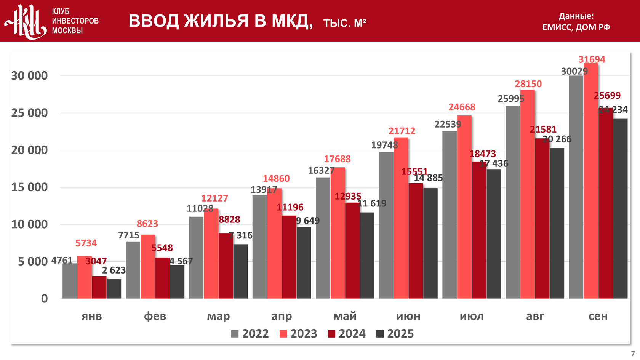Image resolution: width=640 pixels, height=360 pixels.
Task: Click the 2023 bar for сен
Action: (x=591, y=181)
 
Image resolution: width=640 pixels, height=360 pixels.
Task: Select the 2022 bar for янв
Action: (x=70, y=281)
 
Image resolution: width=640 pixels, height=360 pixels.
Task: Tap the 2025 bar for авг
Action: (x=557, y=223)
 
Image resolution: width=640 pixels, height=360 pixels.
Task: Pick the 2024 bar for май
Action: (x=352, y=251)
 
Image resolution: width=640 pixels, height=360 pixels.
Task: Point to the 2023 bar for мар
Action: (x=211, y=254)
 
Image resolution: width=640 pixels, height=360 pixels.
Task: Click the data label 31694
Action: (x=592, y=59)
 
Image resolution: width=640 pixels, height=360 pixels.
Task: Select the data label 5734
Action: (x=86, y=243)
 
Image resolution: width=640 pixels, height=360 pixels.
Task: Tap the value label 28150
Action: (x=528, y=84)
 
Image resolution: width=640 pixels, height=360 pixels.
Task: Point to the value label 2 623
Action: (x=114, y=270)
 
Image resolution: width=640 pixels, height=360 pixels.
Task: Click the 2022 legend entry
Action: (x=250, y=334)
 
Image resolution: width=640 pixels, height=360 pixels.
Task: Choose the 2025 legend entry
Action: (x=395, y=334)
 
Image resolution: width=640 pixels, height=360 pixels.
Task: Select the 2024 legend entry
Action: (x=347, y=334)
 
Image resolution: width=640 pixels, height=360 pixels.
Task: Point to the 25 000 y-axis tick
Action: (x=30, y=113)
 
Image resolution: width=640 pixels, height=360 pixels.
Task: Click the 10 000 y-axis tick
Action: (x=30, y=224)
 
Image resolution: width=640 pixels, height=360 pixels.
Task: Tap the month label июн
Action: (x=408, y=316)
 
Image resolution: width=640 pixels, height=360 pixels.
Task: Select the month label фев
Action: (x=155, y=316)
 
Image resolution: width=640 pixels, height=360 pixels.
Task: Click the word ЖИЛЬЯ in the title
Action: (x=216, y=21)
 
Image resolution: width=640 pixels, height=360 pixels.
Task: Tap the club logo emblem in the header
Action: (x=26, y=21)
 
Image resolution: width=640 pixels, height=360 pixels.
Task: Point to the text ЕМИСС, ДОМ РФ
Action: (x=576, y=27)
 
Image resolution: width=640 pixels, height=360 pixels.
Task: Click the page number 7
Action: (x=633, y=354)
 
